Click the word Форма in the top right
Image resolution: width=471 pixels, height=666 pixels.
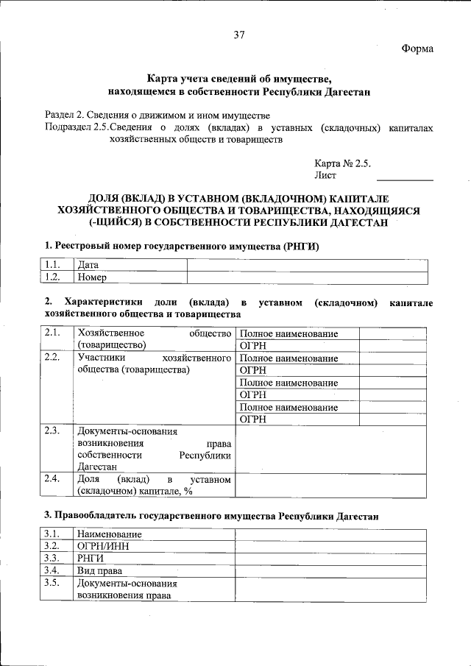417,49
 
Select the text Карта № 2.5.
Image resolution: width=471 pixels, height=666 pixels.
342,163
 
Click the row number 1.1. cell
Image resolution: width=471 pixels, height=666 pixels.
52,265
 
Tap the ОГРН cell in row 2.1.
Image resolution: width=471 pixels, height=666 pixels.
298,345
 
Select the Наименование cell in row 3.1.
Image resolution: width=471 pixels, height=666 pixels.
154,534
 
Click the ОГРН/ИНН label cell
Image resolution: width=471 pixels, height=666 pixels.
154,546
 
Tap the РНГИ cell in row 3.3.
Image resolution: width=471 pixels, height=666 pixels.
154,559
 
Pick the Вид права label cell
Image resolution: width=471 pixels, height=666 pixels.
154,570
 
